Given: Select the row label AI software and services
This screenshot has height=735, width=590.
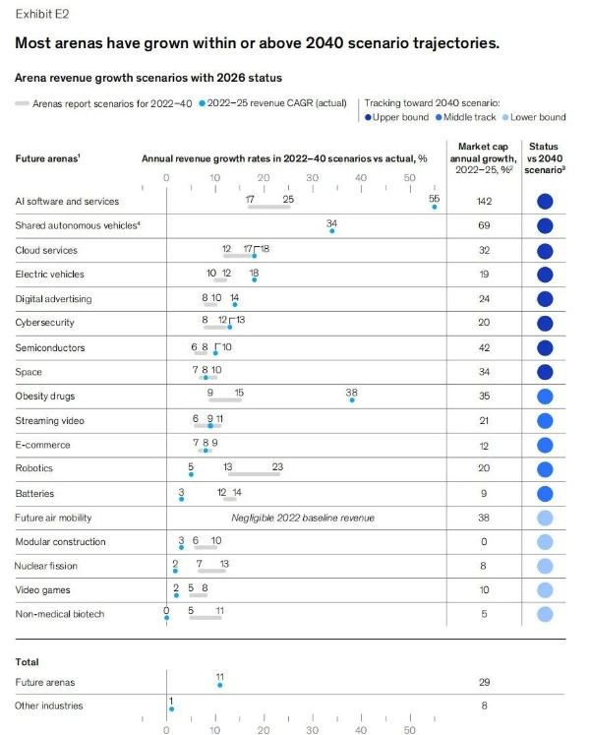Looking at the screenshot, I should coord(67,201).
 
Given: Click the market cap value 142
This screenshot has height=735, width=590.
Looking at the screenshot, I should coord(483,201).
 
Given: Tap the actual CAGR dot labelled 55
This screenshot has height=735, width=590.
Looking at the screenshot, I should coord(435,207).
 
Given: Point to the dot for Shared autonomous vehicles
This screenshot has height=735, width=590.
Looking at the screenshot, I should coord(332,230).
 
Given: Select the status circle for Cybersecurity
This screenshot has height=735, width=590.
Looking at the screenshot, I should coord(545,323).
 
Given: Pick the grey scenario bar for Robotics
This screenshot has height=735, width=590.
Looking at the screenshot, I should coord(254,474).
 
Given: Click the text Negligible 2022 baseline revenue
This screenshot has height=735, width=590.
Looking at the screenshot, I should coord(303,518).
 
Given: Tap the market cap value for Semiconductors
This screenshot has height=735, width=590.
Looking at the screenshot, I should coord(483,347).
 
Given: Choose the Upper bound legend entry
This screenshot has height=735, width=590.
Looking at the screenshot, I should coord(396,117).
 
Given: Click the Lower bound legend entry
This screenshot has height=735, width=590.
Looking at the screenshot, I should coord(535,117).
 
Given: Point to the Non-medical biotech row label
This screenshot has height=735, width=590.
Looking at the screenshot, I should coord(59,614).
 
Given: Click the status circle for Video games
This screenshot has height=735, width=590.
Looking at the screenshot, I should coord(545,590).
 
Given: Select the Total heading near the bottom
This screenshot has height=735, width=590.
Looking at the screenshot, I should coord(27,662).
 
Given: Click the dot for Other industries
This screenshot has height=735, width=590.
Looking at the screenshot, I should coord(171,708).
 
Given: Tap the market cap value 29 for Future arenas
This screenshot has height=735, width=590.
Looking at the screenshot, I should coord(483,682).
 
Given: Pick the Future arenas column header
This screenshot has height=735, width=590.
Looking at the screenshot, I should coord(47,158).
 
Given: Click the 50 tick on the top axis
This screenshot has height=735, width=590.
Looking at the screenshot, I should coord(410,178).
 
